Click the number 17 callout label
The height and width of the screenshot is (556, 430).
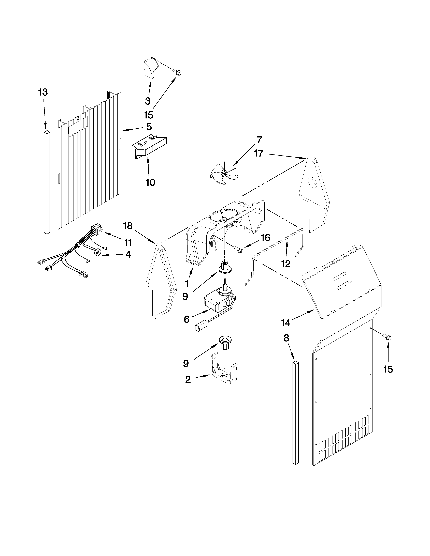click(259, 153)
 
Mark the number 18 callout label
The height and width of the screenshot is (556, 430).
click(128, 226)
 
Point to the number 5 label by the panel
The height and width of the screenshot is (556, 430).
click(149, 127)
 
